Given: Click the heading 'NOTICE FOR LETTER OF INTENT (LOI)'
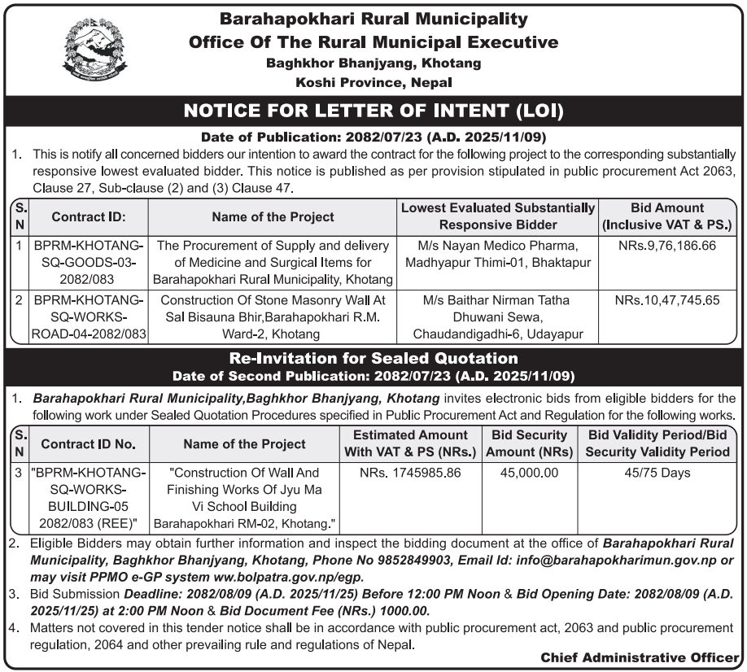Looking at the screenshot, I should [x=373, y=110].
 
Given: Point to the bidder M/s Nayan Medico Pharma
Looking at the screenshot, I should [x=497, y=246].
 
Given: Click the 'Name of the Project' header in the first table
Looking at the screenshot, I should [x=273, y=217].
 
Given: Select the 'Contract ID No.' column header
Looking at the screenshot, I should [x=87, y=444].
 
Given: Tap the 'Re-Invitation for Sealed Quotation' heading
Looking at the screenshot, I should [x=373, y=358].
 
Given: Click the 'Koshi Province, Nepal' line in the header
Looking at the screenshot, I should [x=373, y=82].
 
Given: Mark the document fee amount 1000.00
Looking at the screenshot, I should [x=404, y=610].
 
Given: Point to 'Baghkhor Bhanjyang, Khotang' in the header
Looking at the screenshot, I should [x=373, y=63].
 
